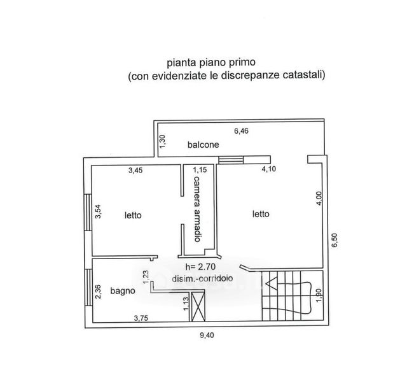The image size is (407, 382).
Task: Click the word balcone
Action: pos(203,145)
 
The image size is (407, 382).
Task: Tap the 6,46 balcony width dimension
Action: pos(241,131)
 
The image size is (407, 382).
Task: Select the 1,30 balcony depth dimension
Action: pos(162,141)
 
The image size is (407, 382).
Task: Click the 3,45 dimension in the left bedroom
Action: pos(135,170)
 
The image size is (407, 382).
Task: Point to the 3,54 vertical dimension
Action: pos(98,211)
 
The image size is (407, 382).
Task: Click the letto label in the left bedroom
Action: pos(133,215)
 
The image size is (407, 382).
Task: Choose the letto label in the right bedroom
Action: pos(260,214)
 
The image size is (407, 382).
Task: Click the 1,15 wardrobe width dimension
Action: pos(200,170)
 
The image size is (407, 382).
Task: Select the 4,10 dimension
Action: pos(270,170)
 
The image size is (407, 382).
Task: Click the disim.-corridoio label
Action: pos(203,278)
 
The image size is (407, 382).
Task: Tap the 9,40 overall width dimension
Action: pos(207,336)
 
